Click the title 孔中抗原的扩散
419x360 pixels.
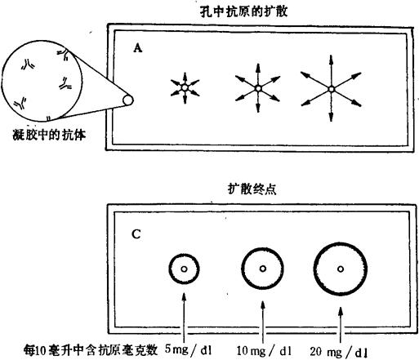(243, 11)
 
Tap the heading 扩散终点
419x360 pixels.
(252, 189)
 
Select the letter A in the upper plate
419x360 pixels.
(138, 48)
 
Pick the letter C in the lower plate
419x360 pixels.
(136, 234)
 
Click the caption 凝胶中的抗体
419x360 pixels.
(49, 135)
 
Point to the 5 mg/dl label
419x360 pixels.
(189, 349)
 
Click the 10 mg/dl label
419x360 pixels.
(264, 351)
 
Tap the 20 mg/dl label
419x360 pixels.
(339, 352)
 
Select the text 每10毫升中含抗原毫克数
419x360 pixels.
(91, 350)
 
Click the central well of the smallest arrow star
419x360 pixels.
(185, 87)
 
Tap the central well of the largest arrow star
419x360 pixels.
(331, 89)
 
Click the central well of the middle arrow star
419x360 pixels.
(258, 88)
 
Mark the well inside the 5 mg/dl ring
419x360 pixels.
(184, 269)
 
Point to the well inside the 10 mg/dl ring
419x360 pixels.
(263, 269)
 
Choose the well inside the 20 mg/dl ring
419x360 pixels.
(341, 269)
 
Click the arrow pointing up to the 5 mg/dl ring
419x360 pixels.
(185, 318)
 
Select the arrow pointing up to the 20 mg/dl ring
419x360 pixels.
(341, 325)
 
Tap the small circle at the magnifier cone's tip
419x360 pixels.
(128, 100)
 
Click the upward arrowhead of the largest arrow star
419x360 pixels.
(331, 59)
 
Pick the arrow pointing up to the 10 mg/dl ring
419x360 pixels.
(263, 322)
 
